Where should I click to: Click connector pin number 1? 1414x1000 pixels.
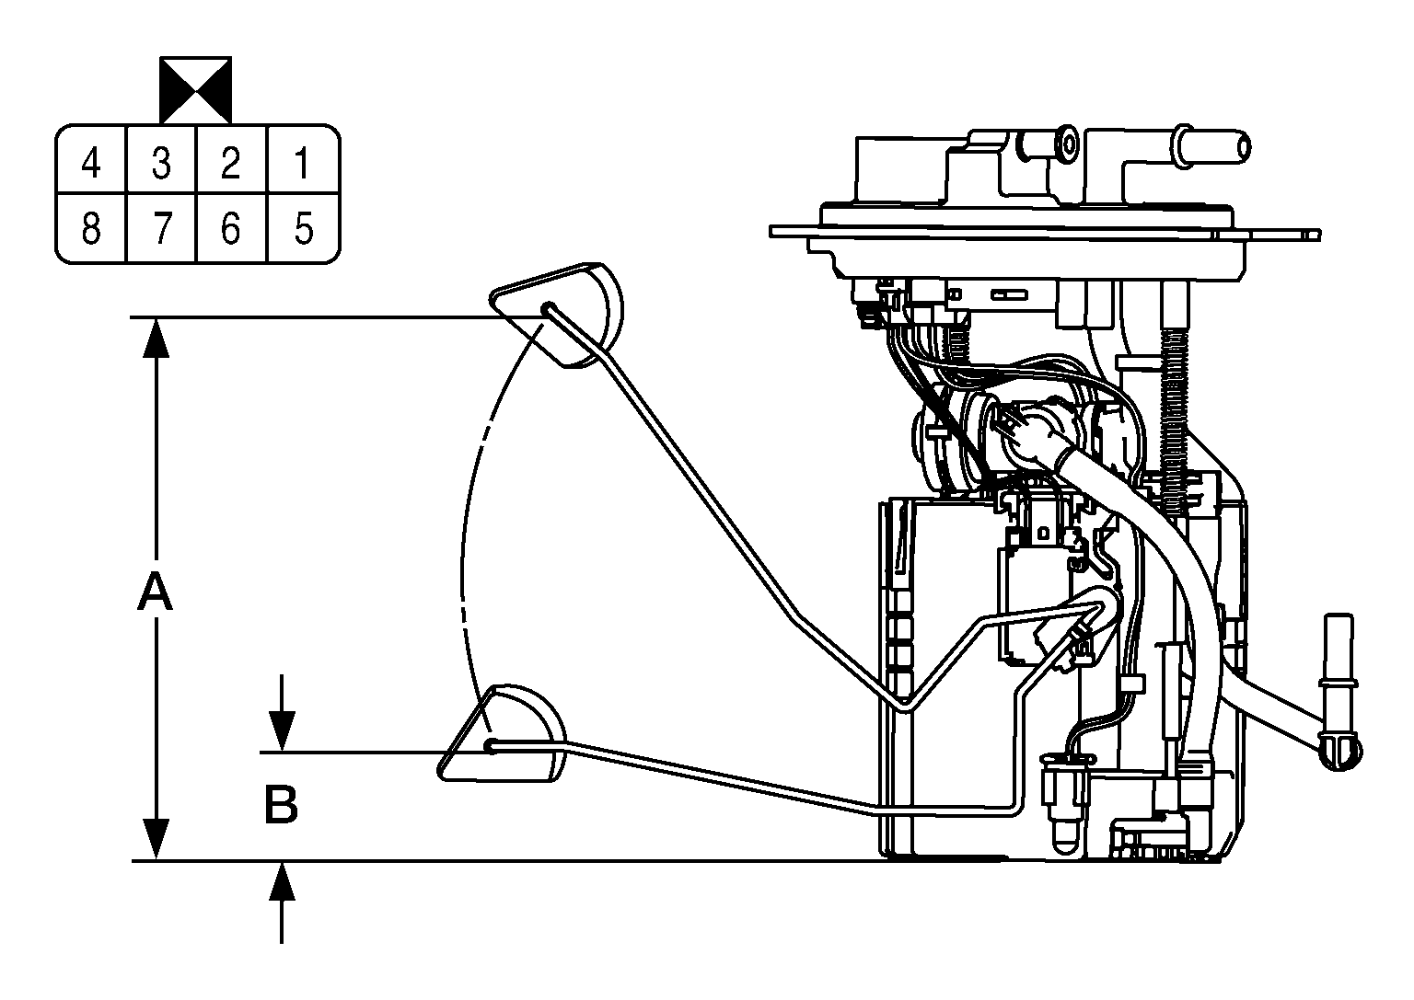coord(302,163)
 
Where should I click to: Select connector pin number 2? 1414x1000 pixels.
coord(230,163)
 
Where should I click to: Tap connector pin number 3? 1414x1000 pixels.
coord(162,163)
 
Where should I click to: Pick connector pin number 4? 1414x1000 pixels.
coord(91,163)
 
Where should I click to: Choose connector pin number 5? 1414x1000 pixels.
coord(304,228)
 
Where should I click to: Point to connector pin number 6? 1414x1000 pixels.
coord(230,228)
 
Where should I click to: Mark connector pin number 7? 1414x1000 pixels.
coord(162,228)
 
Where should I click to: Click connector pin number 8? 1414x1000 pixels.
coord(91,228)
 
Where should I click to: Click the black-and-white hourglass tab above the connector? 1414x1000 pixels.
coord(196,90)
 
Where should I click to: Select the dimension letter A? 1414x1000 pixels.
coord(155,592)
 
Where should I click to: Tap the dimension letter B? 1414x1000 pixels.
coord(281,805)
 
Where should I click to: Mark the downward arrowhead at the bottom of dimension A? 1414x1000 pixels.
coord(156,839)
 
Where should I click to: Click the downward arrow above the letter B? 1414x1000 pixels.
coord(282,712)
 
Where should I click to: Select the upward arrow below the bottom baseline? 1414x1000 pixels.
coord(282,902)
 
